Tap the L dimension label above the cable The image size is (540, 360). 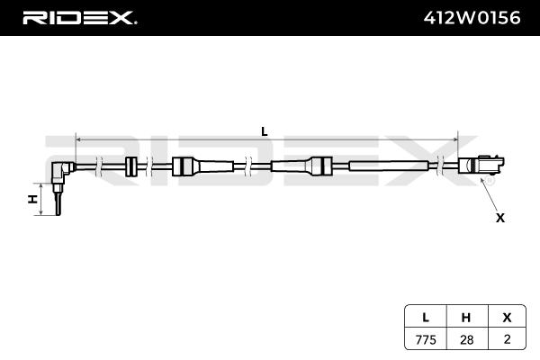(264, 130)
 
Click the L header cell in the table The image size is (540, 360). (424, 317)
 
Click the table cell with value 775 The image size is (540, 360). (424, 339)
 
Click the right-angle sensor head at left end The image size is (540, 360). (60, 171)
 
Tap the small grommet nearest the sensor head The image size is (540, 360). (131, 166)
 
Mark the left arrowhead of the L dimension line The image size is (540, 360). (78, 140)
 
